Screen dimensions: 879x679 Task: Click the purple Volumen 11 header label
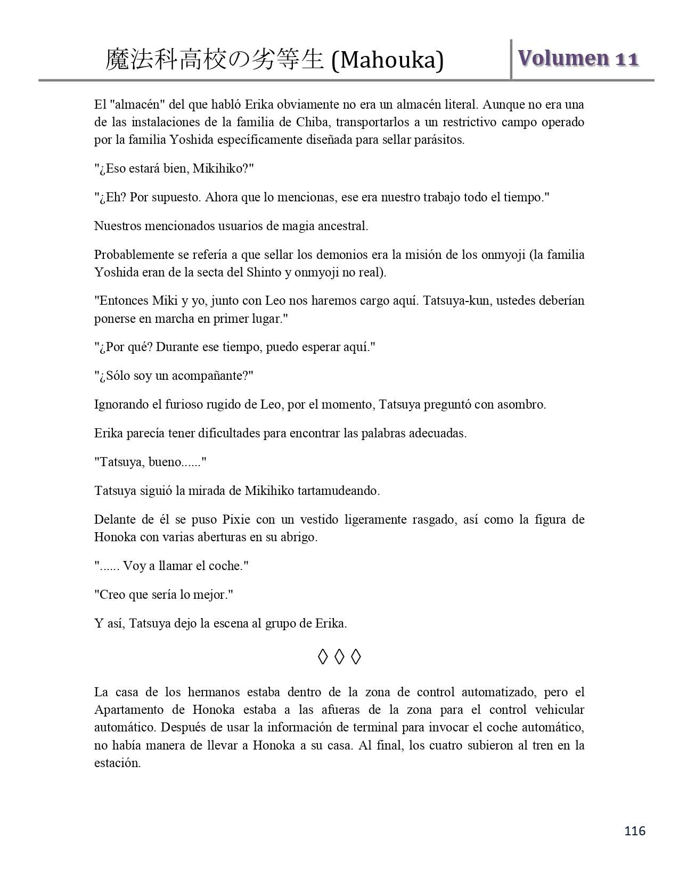pyautogui.click(x=578, y=59)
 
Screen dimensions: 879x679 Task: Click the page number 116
pyautogui.click(x=635, y=831)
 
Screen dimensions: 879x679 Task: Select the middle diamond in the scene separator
pyautogui.click(x=339, y=657)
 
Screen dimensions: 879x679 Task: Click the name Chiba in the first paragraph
pyautogui.click(x=306, y=122)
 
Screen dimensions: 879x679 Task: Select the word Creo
pyautogui.click(x=112, y=595)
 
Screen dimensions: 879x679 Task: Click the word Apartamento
pyautogui.click(x=129, y=710)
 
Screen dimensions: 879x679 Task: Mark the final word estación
pyautogui.click(x=117, y=762)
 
